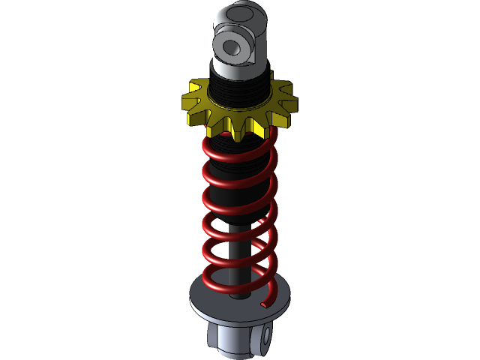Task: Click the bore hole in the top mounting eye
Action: click(231, 47)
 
